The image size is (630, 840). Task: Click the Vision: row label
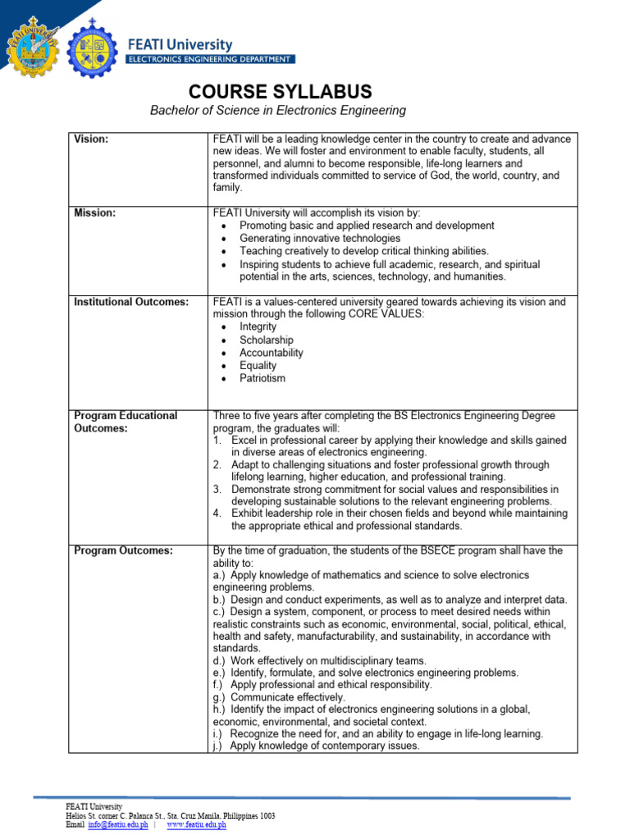(91, 139)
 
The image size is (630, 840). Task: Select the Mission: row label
(94, 212)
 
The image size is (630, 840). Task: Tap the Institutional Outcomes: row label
(131, 302)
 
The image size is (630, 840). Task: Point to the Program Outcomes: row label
(123, 550)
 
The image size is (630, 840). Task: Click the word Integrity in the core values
(258, 326)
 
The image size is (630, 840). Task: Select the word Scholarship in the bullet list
(266, 340)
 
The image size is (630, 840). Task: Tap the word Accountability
(271, 353)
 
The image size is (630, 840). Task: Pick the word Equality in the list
(258, 366)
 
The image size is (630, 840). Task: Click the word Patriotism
(262, 379)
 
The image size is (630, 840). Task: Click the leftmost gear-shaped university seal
(32, 48)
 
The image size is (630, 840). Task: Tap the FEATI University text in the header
(179, 45)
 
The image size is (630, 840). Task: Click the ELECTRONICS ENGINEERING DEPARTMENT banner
(209, 59)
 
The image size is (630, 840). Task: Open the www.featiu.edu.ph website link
(196, 824)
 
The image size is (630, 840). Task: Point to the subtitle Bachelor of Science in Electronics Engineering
(277, 111)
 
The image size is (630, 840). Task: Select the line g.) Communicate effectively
(279, 696)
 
